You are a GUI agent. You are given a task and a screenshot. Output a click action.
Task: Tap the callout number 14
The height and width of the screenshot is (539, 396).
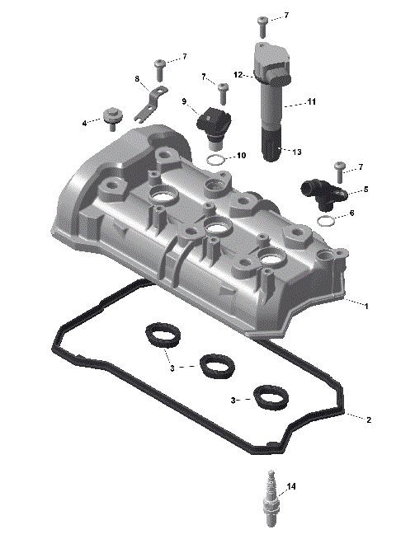(290, 486)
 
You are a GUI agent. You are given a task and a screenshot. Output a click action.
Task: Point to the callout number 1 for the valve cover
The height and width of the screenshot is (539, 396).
(365, 306)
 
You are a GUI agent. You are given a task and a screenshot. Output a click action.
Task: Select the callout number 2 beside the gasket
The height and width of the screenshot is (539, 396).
(369, 419)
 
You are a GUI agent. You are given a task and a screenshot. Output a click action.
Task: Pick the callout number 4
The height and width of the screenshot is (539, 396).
(84, 124)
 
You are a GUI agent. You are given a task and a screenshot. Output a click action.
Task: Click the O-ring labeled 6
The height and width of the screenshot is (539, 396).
(326, 222)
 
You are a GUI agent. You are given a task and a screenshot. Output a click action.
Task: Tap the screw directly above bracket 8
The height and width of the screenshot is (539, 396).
(160, 64)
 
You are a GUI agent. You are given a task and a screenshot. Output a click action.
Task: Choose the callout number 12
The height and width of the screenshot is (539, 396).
(237, 75)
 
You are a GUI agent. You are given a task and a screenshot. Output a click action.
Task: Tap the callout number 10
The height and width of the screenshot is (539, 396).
(241, 155)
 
